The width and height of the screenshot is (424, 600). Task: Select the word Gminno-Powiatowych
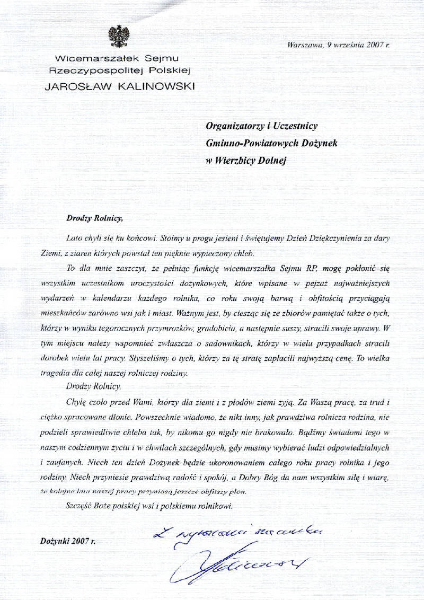click(245, 143)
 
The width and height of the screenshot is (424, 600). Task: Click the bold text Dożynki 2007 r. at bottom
click(66, 541)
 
